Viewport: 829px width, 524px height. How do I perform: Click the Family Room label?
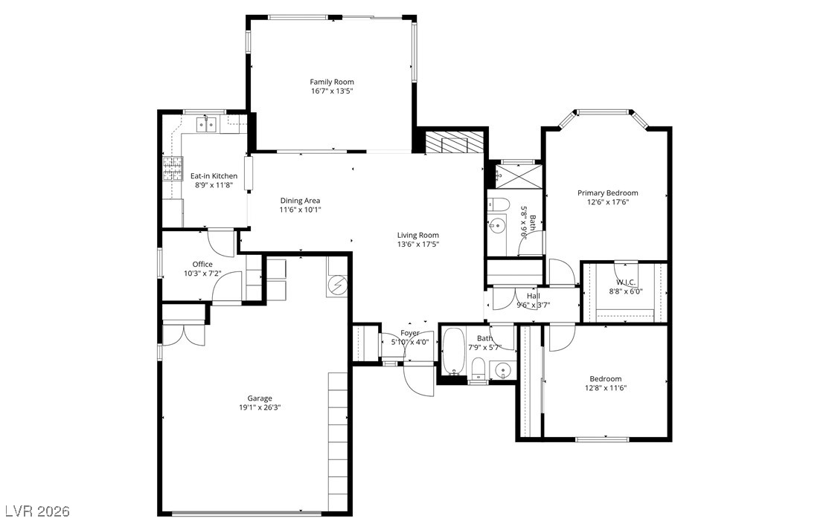332,82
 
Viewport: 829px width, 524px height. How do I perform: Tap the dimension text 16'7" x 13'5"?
332,91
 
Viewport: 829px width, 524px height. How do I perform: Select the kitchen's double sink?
205,124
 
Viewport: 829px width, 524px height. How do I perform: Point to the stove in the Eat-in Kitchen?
173,169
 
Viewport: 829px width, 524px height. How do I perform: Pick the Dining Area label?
300,200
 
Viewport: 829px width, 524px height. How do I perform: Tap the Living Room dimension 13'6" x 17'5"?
417,245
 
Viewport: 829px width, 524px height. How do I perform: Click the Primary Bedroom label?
607,193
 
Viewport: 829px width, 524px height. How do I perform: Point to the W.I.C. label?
626,282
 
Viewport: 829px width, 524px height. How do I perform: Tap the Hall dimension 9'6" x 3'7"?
533,305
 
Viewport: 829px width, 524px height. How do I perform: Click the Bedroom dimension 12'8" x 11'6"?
605,387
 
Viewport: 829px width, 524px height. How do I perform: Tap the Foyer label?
410,333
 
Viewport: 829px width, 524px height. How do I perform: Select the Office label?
202,264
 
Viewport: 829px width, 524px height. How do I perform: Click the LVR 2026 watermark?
37,511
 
